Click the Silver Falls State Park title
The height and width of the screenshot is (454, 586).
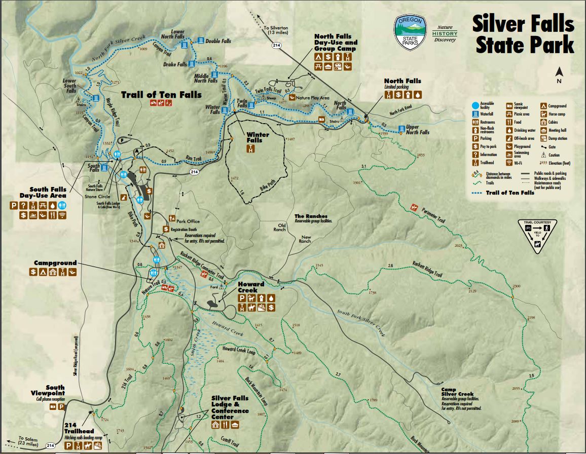pos(524,34)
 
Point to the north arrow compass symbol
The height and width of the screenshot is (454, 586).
pos(559,75)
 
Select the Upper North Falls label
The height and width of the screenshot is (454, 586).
pos(418,129)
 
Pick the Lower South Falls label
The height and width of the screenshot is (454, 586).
pos(69,85)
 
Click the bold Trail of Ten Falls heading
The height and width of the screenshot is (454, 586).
pos(161,94)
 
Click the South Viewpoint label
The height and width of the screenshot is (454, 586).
pos(48,390)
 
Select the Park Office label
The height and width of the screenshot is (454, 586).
pos(188,221)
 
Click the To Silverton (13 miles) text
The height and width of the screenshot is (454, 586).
pos(276,30)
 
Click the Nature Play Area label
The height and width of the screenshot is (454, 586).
pos(313,98)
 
